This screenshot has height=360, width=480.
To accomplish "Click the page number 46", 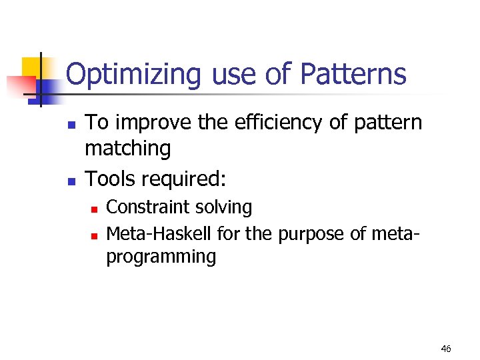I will click(446, 349).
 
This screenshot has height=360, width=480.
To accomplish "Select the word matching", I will click(127, 149).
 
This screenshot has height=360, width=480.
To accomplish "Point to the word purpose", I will click(304, 235).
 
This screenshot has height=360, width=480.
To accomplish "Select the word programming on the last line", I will click(161, 257).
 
